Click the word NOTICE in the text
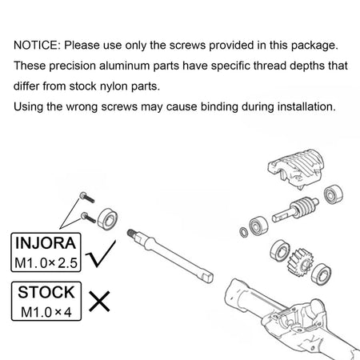pyautogui.click(x=36, y=46)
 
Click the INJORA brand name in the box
pyautogui.click(x=46, y=243)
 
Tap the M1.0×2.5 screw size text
pyautogui.click(x=46, y=263)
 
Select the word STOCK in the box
pyautogui.click(x=46, y=292)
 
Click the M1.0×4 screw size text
pyautogui.click(x=46, y=312)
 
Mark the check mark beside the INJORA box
pyautogui.click(x=102, y=254)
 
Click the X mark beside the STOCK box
pyautogui.click(x=99, y=302)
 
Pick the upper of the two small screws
pyautogui.click(x=87, y=198)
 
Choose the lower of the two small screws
pyautogui.click(x=88, y=218)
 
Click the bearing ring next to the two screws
pyautogui.click(x=107, y=219)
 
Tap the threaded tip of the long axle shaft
pyautogui.click(x=131, y=233)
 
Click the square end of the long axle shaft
pyautogui.click(x=207, y=276)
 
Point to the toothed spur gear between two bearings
pyautogui.click(x=301, y=262)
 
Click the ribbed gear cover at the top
pyautogui.click(x=296, y=169)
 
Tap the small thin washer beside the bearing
pyautogui.click(x=244, y=232)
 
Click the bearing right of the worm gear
pyautogui.click(x=334, y=194)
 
